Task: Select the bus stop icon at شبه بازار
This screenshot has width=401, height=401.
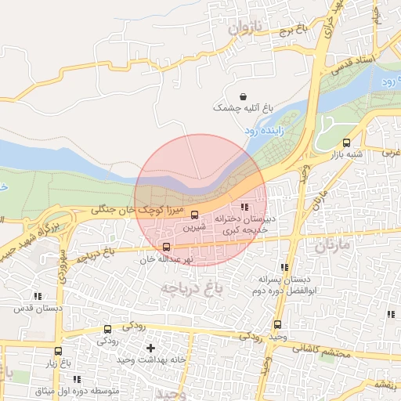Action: click(x=346, y=143)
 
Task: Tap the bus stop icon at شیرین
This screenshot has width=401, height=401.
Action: click(x=195, y=215)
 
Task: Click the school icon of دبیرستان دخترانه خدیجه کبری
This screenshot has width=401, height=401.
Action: click(x=244, y=208)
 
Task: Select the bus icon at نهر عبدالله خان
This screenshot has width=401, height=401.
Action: click(x=165, y=247)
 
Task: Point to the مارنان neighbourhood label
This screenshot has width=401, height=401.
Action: click(x=334, y=247)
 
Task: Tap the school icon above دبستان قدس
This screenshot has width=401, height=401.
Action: click(x=38, y=296)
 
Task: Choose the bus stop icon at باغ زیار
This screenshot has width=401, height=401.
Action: click(x=58, y=351)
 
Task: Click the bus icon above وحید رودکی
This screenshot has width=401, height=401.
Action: click(x=277, y=324)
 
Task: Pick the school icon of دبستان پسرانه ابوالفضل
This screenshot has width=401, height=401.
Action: click(x=264, y=266)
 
